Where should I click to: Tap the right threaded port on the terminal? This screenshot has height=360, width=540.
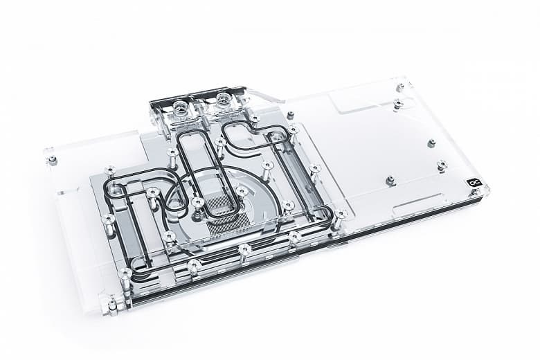[x=224, y=98]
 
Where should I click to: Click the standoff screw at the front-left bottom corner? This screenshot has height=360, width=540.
[x=112, y=303]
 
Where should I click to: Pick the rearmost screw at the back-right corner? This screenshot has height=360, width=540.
[x=400, y=87]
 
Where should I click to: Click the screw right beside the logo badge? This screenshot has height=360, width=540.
[x=442, y=165]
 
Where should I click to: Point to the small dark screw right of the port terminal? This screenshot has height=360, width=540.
[x=290, y=115]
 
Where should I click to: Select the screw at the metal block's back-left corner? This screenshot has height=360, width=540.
[x=110, y=170]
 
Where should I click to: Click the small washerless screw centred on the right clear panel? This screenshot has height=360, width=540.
[x=431, y=143]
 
